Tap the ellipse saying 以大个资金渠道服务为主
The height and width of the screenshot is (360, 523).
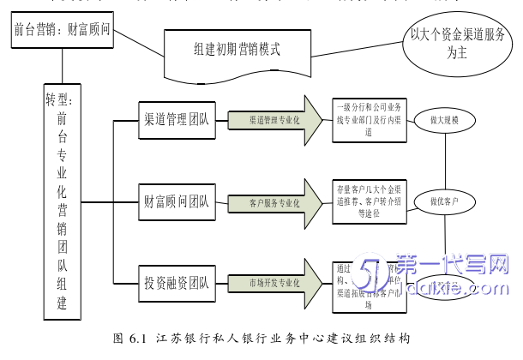point(452,41)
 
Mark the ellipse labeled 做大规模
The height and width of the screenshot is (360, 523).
point(444,121)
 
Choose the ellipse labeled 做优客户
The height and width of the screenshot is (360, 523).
point(444,201)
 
